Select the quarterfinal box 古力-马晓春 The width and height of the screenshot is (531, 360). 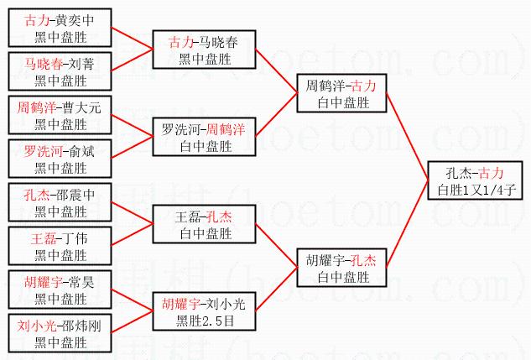pyautogui.click(x=203, y=50)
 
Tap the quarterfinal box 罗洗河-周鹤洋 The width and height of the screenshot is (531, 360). pyautogui.click(x=203, y=138)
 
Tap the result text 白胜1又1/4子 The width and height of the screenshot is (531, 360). pyautogui.click(x=476, y=190)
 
